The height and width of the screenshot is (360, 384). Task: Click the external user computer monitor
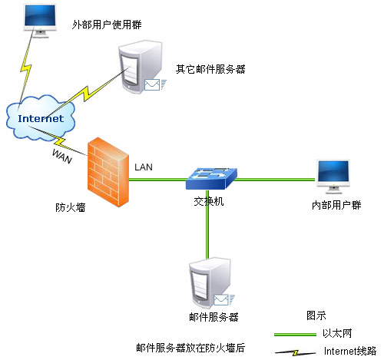tap(40, 21)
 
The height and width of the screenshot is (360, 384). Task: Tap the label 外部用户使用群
tap(107, 25)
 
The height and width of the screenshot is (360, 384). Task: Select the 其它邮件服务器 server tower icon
tap(141, 67)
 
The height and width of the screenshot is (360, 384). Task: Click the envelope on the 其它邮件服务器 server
tap(152, 84)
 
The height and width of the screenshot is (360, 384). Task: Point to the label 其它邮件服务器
tap(210, 69)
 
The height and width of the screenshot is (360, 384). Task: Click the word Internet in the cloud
tap(41, 118)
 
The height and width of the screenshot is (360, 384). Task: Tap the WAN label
tap(62, 156)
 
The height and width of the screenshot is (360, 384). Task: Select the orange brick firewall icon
tap(108, 172)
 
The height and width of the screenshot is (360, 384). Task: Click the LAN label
tap(144, 167)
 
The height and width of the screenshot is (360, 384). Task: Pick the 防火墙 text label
tap(71, 207)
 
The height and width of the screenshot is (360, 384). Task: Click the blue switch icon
tap(211, 178)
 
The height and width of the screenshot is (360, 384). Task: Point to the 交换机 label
tap(209, 202)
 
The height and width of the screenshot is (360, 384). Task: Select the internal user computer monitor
tap(333, 177)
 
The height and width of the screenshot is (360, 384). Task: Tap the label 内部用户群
tap(336, 205)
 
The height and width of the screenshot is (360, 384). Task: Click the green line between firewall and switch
tap(157, 180)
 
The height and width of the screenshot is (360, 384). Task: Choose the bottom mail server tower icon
tap(210, 283)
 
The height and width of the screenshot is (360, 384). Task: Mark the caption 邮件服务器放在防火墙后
tap(190, 348)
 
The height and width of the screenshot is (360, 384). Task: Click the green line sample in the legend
tap(295, 334)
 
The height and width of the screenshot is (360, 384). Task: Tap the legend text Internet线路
tap(350, 351)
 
